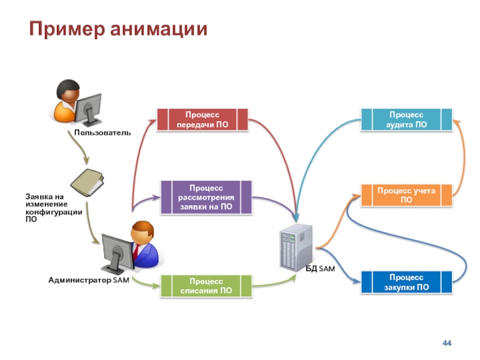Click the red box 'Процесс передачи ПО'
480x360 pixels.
pos(202,119)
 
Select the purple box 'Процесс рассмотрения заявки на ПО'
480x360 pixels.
pos(206,197)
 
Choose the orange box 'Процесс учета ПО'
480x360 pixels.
pos(406,195)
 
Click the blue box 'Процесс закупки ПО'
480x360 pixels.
pos(406,282)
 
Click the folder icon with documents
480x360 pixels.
pos(87,182)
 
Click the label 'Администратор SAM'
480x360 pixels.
pos(88,280)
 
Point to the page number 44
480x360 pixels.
pos(446,343)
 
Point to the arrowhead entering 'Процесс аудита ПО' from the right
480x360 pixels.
pos(457,122)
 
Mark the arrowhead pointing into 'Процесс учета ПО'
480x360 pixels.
pos(358,195)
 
